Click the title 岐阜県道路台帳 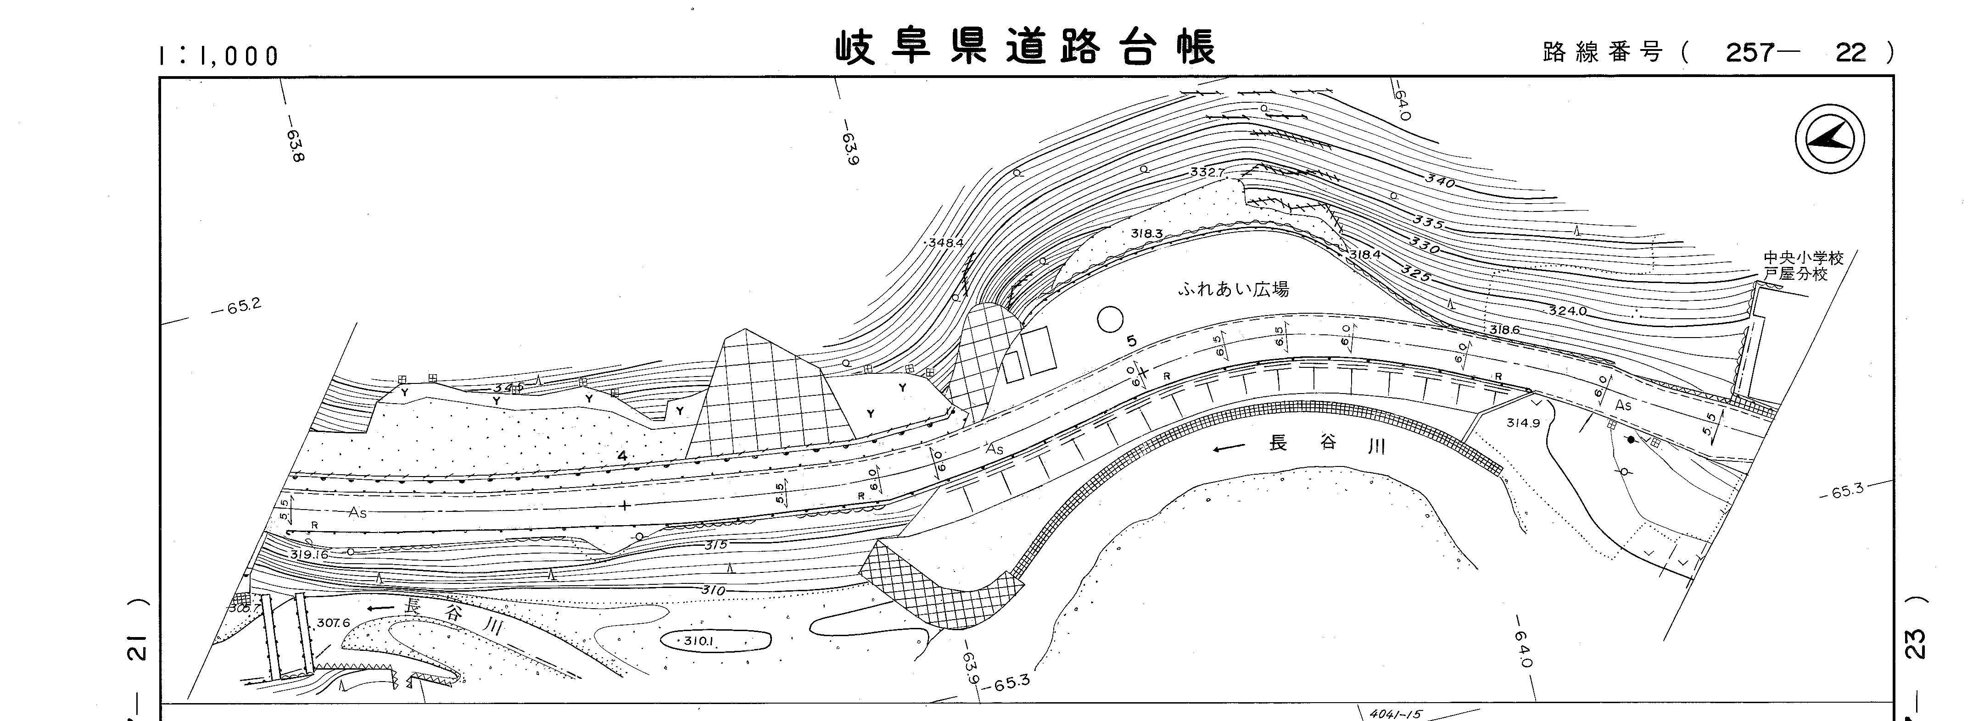pos(1025,47)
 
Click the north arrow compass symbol pos(1830,140)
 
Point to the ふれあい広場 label pos(1233,289)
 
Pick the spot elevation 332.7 pos(1208,172)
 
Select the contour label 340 pos(1440,182)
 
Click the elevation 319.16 pos(309,554)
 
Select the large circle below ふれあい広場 pos(1110,319)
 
